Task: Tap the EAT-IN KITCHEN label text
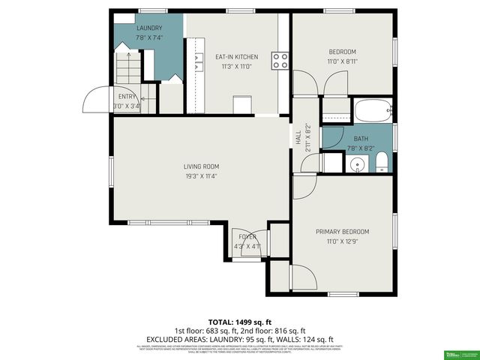pos(236,57)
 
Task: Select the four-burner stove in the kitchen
pos(280,60)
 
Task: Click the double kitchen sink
pos(199,60)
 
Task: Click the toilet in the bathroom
pos(380,160)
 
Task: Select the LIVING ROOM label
pos(201,166)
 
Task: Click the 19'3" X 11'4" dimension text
pos(201,177)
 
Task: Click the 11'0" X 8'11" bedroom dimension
pos(341,61)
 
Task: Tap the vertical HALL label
pos(298,138)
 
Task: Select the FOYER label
pos(247,237)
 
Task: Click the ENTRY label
pos(126,96)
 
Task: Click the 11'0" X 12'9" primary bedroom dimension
pos(341,241)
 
